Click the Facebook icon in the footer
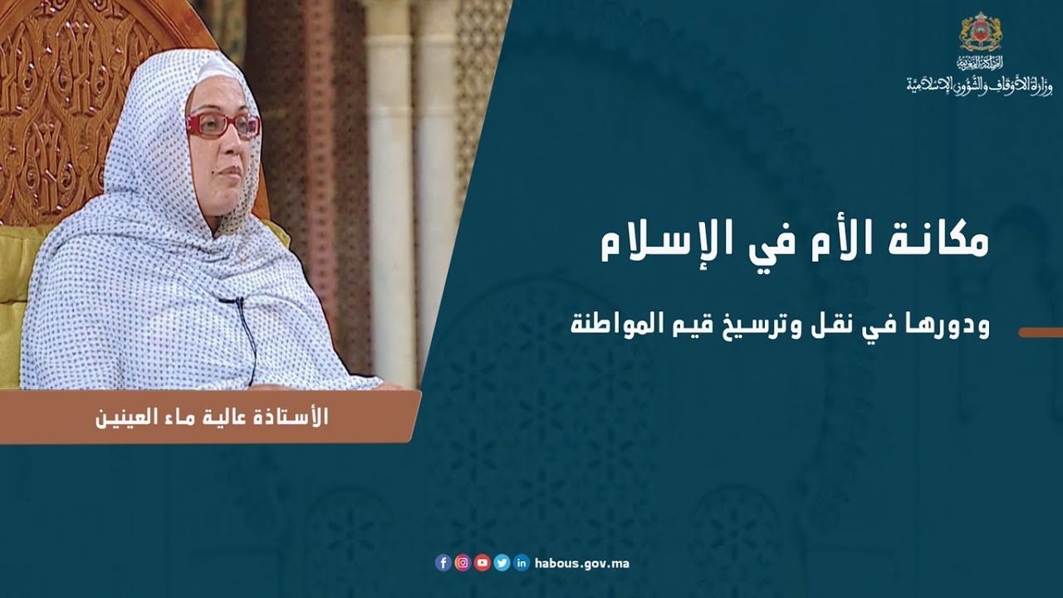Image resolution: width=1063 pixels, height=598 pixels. pos(443,563)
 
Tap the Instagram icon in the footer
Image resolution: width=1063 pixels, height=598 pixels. pos(463,563)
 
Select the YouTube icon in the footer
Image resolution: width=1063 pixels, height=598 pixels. pos(483,563)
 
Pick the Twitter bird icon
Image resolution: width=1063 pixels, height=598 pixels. pos(502,563)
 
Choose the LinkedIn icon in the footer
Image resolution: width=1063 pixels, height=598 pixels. pos(522,563)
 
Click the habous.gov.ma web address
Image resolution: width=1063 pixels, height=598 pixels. pos(581,563)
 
